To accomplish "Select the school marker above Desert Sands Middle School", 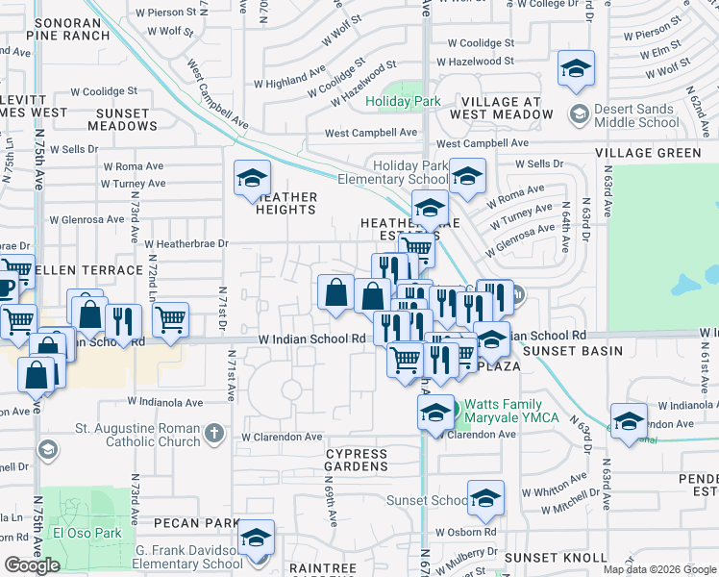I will click(x=576, y=69).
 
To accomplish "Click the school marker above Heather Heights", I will click(x=252, y=178).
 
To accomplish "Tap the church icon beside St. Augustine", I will click(x=218, y=437).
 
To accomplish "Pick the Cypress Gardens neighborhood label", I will click(x=356, y=460).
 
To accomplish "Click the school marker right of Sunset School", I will click(x=485, y=498).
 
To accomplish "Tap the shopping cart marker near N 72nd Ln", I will click(x=169, y=320).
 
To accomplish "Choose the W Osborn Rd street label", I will click(x=464, y=532).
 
